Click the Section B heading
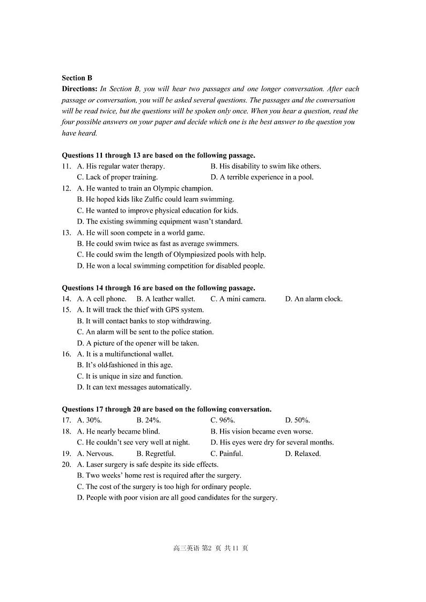77,78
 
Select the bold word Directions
79,89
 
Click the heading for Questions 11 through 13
158,156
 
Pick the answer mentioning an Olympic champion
145,188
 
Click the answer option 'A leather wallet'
166,299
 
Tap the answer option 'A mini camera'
238,299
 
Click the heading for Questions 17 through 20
166,409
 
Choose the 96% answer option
223,420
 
